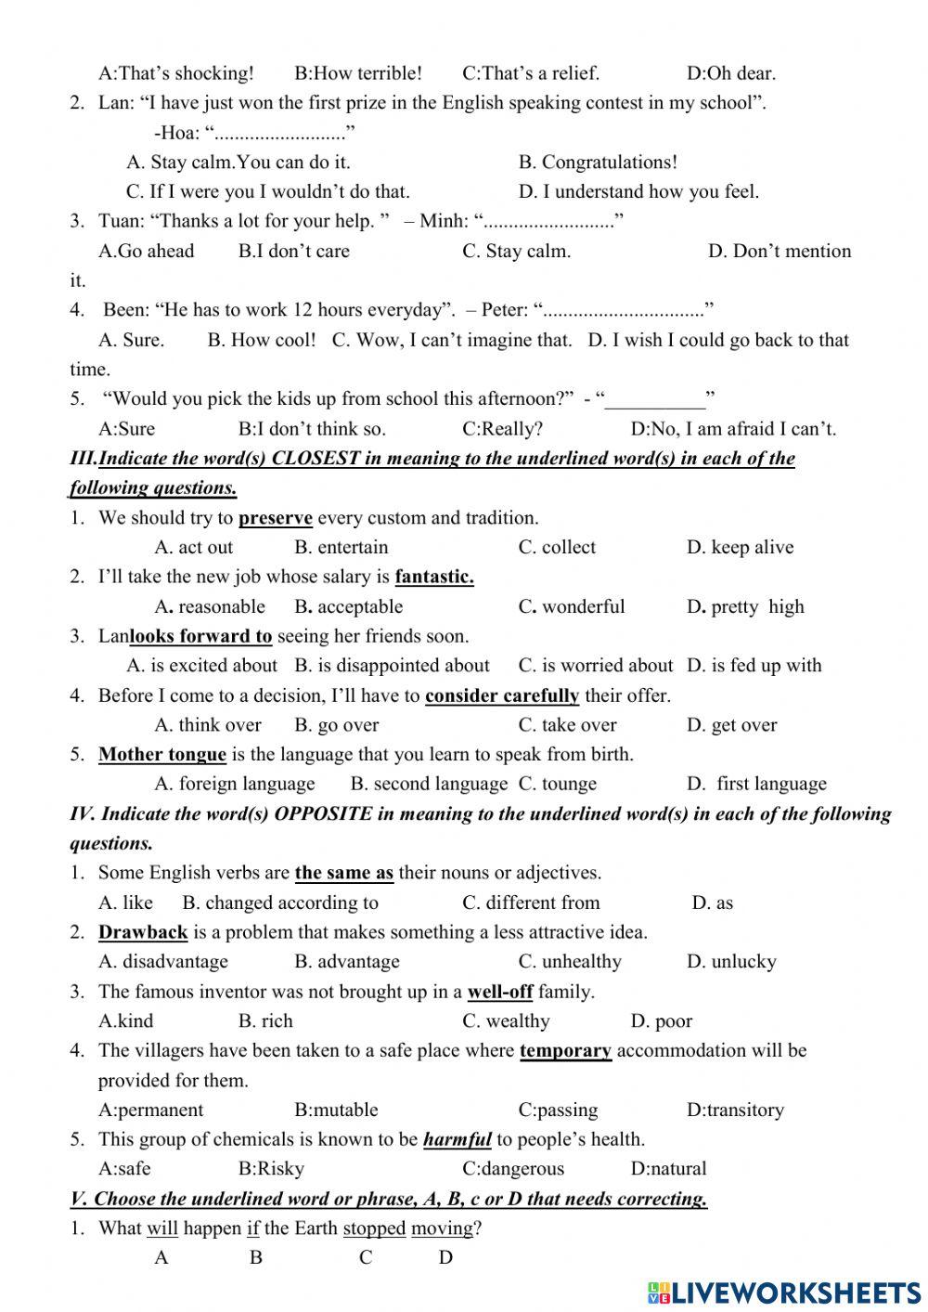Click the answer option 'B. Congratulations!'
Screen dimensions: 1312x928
598,162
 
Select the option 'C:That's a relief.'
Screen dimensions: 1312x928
531,73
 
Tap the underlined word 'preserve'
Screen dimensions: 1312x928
275,518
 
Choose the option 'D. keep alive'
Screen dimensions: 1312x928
740,548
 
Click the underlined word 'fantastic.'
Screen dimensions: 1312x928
434,577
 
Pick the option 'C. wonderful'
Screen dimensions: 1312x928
572,607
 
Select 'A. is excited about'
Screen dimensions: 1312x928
201,666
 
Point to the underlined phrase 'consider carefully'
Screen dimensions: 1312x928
502,695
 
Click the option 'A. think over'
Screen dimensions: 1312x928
208,725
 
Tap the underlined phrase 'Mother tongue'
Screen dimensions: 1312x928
162,755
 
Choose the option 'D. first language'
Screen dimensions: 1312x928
756,785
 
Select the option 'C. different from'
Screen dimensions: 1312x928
531,903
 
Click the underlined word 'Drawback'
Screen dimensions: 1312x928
143,932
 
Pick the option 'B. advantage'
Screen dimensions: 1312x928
347,962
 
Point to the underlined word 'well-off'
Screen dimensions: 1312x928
500,992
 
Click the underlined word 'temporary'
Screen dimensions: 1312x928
565,1051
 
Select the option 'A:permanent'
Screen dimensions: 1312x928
150,1111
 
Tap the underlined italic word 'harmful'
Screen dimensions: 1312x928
457,1140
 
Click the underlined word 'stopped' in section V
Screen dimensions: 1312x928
374,1229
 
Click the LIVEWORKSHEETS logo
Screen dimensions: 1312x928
784,1292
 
